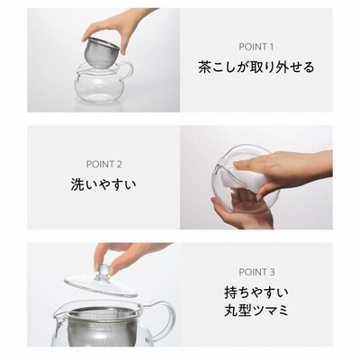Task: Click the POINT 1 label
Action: (256, 47)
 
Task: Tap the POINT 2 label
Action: (103, 165)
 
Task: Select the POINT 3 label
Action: (256, 273)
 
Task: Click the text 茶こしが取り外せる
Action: (256, 67)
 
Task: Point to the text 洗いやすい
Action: (103, 184)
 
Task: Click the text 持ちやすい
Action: (256, 292)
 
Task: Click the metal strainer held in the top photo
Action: (103, 50)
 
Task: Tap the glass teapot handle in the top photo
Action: (128, 71)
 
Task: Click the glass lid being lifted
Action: (101, 284)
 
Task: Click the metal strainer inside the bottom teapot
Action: (101, 327)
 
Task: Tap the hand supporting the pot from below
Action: (240, 210)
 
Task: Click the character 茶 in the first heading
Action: (204, 67)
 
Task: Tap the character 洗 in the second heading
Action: (77, 184)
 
